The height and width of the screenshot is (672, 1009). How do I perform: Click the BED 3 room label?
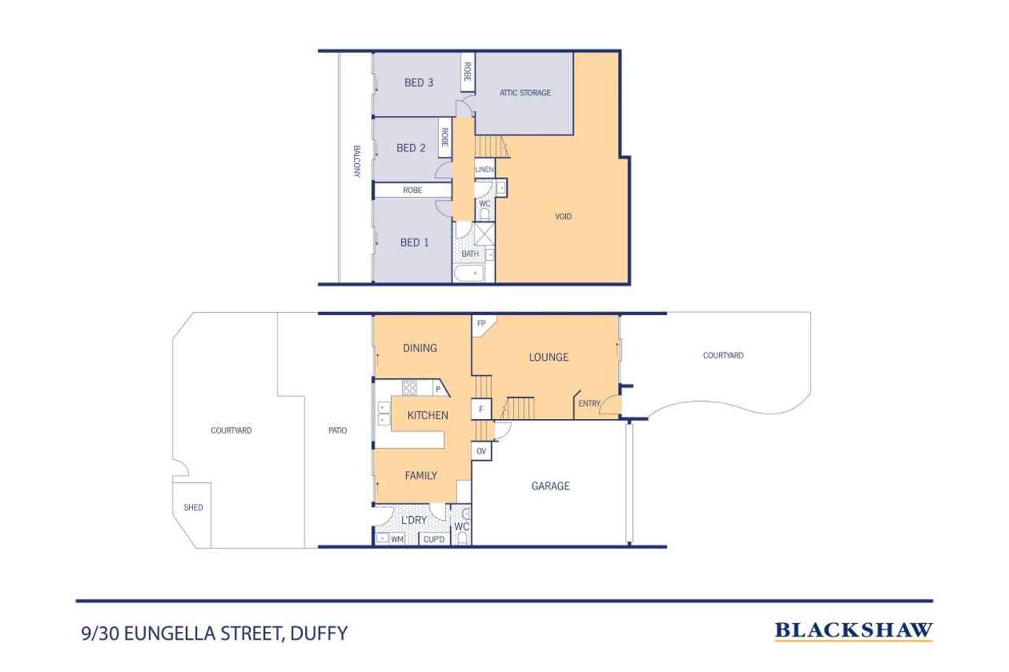pyautogui.click(x=419, y=83)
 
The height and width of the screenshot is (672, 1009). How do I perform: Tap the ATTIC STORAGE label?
pyautogui.click(x=525, y=93)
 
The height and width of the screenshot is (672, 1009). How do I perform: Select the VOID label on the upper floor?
pyautogui.click(x=563, y=217)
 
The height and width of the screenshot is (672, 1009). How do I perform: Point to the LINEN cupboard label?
pyautogui.click(x=484, y=169)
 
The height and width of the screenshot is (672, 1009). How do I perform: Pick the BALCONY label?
pyautogui.click(x=356, y=162)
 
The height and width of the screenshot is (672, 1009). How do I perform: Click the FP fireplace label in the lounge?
pyautogui.click(x=482, y=323)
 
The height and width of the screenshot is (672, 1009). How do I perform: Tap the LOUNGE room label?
pyautogui.click(x=549, y=357)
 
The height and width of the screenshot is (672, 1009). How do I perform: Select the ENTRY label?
pyautogui.click(x=589, y=404)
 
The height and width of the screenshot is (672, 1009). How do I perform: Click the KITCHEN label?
pyautogui.click(x=428, y=415)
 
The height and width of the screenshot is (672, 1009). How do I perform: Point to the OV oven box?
pyautogui.click(x=482, y=451)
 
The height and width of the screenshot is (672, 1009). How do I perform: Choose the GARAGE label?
pyautogui.click(x=550, y=486)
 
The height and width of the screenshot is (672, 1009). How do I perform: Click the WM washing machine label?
pyautogui.click(x=397, y=540)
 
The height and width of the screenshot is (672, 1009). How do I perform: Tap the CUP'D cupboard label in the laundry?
pyautogui.click(x=434, y=540)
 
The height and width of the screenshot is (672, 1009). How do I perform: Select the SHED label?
pyautogui.click(x=193, y=507)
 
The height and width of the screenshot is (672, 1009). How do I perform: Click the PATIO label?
pyautogui.click(x=337, y=431)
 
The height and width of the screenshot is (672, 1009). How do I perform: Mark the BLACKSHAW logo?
pyautogui.click(x=854, y=630)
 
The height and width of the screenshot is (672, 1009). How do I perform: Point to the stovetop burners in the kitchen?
pyautogui.click(x=410, y=387)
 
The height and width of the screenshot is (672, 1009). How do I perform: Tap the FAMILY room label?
pyautogui.click(x=421, y=475)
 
